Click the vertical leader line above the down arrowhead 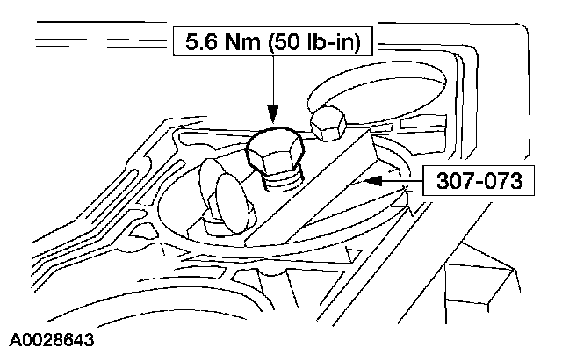(273, 83)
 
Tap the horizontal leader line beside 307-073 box (406, 182)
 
